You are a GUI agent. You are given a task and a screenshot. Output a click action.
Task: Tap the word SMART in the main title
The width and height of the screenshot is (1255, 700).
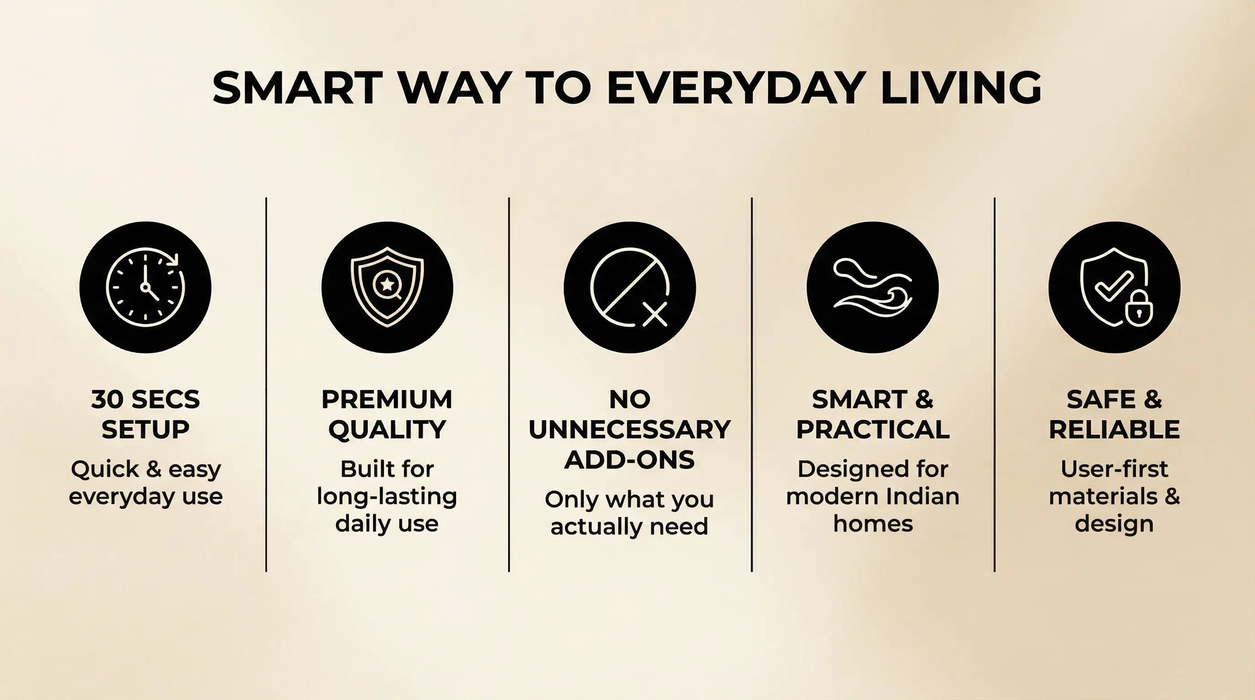298,87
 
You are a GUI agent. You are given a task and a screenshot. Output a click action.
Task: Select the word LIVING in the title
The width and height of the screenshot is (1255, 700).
962,87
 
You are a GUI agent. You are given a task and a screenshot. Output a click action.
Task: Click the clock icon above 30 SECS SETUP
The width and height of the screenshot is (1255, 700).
145,287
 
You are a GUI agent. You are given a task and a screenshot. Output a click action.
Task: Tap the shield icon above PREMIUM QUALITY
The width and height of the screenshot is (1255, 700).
387,287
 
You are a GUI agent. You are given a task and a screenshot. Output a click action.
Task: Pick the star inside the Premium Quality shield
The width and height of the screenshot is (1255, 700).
387,283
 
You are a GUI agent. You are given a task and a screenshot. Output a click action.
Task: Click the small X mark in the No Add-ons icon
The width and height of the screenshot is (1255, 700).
655,314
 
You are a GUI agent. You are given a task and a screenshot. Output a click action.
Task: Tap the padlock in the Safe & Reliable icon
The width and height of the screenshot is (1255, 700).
1139,309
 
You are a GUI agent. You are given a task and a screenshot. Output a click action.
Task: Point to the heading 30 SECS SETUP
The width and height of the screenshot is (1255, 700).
145,414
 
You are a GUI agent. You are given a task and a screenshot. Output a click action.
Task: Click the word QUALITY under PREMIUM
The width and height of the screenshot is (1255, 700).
387,430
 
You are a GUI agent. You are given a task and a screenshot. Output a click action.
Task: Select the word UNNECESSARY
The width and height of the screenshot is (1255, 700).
629,429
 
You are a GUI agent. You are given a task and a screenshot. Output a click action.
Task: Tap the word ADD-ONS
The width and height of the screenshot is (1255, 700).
629,459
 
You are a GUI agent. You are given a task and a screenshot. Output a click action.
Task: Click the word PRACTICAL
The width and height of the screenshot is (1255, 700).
873,429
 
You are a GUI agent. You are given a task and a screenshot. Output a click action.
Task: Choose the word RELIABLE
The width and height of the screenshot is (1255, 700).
1114,429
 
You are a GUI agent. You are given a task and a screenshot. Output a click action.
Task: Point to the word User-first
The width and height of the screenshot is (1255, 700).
1114,469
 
